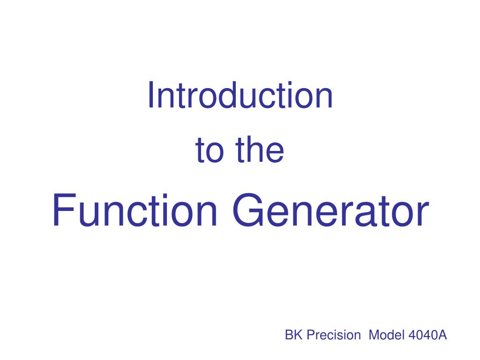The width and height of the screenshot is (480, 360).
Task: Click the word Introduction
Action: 240,95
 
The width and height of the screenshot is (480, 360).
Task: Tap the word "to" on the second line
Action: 208,150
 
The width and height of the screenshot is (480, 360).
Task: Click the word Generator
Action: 330,211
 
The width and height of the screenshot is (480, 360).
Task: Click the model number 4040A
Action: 428,335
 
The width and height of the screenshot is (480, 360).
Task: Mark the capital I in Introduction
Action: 151,95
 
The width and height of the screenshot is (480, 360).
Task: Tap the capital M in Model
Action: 374,335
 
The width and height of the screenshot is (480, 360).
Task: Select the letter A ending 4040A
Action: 443,335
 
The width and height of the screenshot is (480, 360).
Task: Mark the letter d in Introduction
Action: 219,95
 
